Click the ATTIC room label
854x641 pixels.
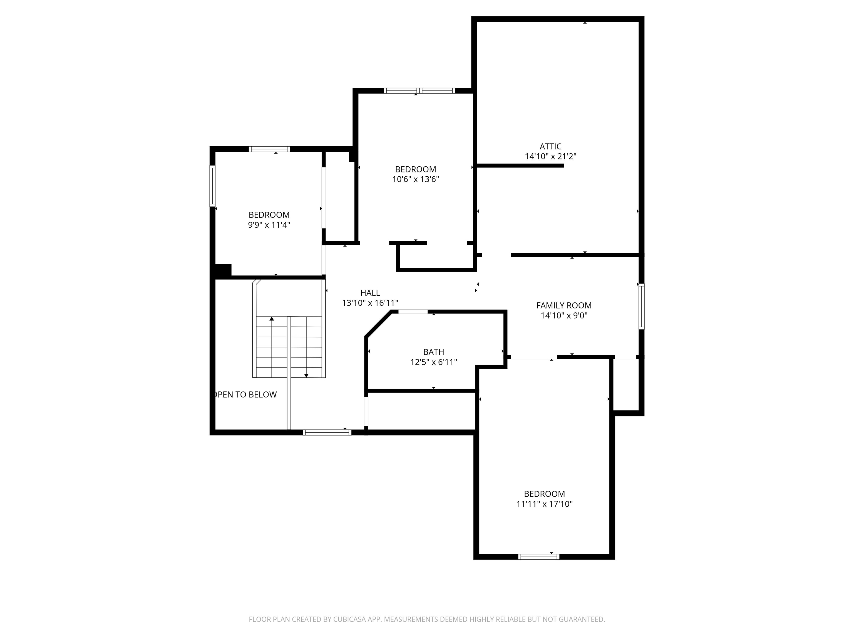pyautogui.click(x=550, y=146)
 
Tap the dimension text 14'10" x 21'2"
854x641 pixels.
pyautogui.click(x=550, y=156)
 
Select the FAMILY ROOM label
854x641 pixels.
pyautogui.click(x=564, y=305)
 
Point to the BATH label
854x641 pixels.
pyautogui.click(x=434, y=352)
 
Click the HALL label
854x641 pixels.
pyautogui.click(x=370, y=293)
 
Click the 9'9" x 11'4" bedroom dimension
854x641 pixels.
pyautogui.click(x=269, y=225)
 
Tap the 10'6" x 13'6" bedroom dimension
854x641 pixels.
pyautogui.click(x=416, y=179)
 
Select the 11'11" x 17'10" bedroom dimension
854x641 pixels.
pyautogui.click(x=544, y=504)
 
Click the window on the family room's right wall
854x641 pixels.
pyautogui.click(x=641, y=306)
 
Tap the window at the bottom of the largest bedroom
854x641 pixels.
pyautogui.click(x=538, y=557)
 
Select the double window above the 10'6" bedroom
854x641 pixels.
pyautogui.click(x=419, y=91)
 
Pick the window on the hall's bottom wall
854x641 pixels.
pyautogui.click(x=327, y=432)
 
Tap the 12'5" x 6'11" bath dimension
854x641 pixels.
pyautogui.click(x=434, y=362)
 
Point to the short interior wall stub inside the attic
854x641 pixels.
pyautogui.click(x=520, y=166)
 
